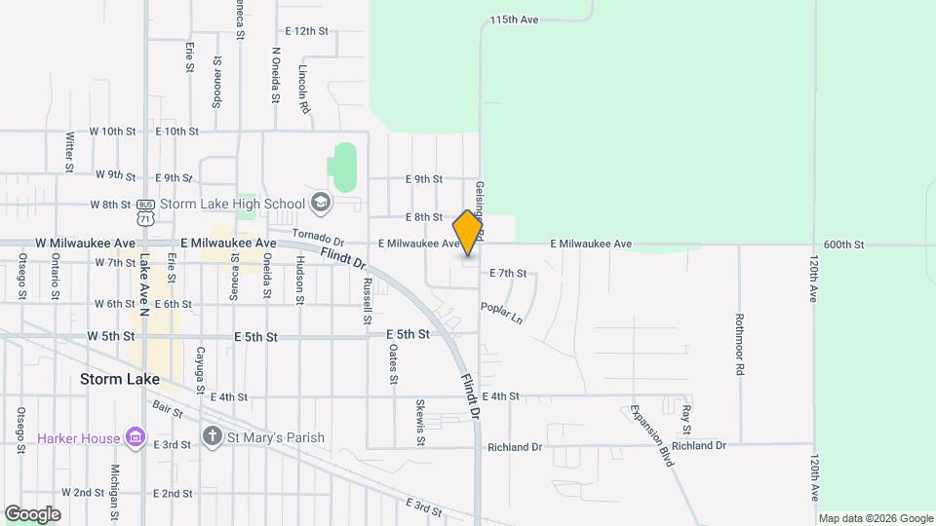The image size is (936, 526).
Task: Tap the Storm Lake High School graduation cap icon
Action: tap(319, 203)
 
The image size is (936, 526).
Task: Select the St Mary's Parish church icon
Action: tap(213, 436)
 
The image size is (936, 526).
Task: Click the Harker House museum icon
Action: tap(135, 437)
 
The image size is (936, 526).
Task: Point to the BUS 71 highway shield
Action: tap(145, 210)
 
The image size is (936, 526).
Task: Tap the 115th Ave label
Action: tap(515, 19)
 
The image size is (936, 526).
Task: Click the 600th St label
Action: tap(843, 244)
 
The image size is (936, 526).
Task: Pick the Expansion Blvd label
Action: tap(651, 435)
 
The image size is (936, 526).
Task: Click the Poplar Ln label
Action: tap(501, 312)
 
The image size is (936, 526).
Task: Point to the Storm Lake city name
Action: tap(120, 380)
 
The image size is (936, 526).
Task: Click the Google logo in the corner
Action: tap(32, 514)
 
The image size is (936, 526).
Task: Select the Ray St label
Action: tap(686, 419)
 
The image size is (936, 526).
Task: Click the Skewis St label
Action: tap(420, 422)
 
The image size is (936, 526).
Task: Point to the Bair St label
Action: tap(167, 409)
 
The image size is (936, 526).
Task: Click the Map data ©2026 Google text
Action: tap(875, 518)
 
